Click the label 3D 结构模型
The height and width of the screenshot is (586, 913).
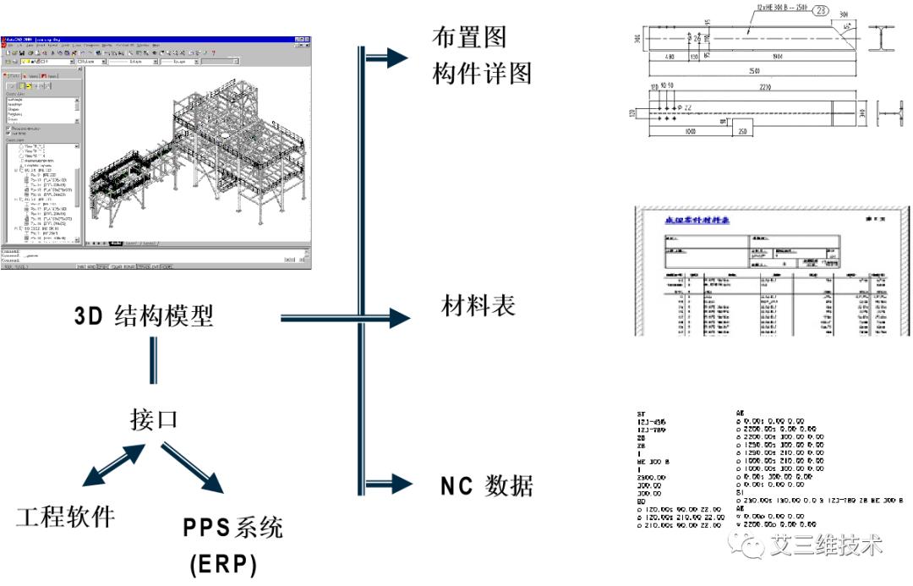[x=144, y=317]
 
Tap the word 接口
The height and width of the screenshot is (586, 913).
[x=154, y=419]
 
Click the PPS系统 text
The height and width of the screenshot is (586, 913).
[x=233, y=528]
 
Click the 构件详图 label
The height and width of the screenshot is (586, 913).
[x=482, y=74]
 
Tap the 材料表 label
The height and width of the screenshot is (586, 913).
[x=478, y=305]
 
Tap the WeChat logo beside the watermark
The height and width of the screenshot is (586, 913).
[x=749, y=544]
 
